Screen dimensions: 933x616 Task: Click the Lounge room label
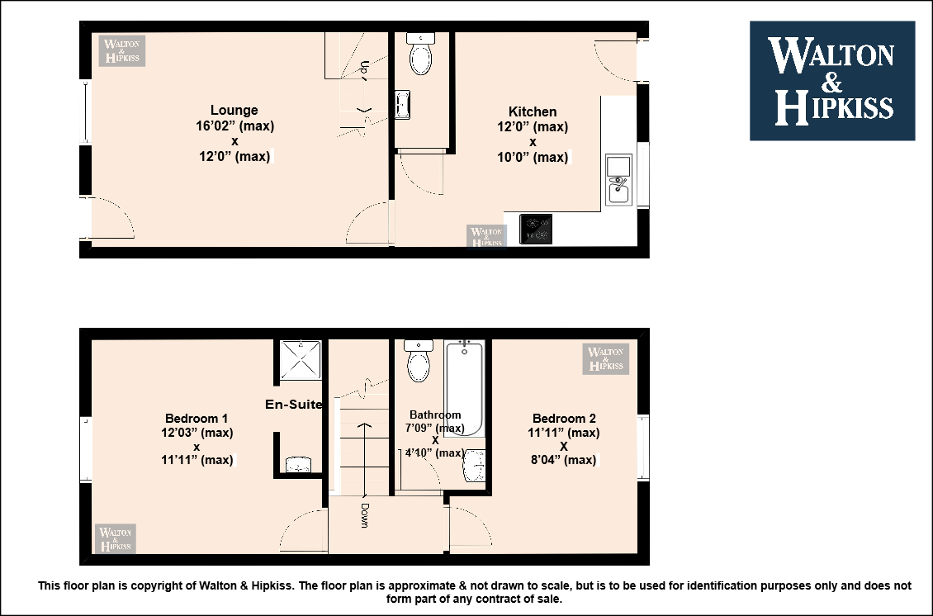234,110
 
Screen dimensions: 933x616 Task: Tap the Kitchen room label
533,111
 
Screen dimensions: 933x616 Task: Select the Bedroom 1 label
197,419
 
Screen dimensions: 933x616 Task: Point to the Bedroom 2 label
564,419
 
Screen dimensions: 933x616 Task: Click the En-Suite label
294,404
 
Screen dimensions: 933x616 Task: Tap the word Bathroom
435,415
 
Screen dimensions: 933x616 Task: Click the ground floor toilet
421,54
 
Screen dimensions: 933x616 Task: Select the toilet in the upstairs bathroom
419,361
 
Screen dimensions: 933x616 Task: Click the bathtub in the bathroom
464,388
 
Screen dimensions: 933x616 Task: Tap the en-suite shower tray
301,359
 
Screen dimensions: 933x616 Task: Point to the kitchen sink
618,180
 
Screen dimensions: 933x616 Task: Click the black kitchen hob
536,229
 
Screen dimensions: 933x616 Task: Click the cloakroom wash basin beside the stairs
403,105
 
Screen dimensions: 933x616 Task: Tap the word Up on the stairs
364,68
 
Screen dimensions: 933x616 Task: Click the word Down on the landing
364,515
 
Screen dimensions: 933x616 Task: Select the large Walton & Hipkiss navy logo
832,81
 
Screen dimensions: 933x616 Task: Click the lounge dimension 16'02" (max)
235,126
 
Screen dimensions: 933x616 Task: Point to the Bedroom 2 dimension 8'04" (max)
563,459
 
